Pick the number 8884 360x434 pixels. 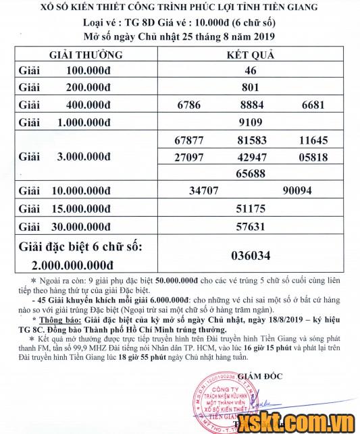[x=251, y=105]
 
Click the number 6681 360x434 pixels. [x=314, y=105]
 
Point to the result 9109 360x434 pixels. [x=251, y=122]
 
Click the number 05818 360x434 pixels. [x=314, y=157]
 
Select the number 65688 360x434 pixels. [x=251, y=173]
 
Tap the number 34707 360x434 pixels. [x=208, y=191]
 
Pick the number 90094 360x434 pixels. [x=297, y=191]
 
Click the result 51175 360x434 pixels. [x=251, y=209]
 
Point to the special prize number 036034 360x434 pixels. [x=251, y=256]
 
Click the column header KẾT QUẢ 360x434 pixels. [x=251, y=54]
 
